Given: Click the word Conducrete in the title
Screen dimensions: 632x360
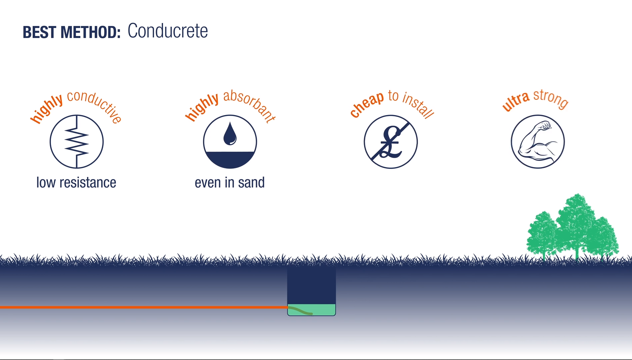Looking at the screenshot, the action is (x=168, y=31).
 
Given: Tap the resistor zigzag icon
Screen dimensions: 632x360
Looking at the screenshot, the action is (x=77, y=142).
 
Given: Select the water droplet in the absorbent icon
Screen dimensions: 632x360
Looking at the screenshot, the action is (x=230, y=134).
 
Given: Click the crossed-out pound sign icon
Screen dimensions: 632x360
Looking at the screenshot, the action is (x=391, y=142).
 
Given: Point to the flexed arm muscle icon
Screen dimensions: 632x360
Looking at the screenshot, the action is (x=538, y=142).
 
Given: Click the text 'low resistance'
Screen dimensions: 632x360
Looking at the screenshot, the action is (x=76, y=183).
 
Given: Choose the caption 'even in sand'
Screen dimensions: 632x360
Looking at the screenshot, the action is (x=230, y=183).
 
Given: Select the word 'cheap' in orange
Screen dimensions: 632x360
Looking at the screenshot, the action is (x=367, y=104).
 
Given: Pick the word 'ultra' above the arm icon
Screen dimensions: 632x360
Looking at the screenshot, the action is (x=516, y=101).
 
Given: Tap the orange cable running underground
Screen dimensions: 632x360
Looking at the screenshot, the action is (x=144, y=307).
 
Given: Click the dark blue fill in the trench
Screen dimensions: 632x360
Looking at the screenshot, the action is (x=311, y=285).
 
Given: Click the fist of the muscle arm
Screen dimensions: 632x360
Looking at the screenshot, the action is (x=545, y=125).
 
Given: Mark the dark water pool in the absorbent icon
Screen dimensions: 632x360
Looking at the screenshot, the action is (x=230, y=159).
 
